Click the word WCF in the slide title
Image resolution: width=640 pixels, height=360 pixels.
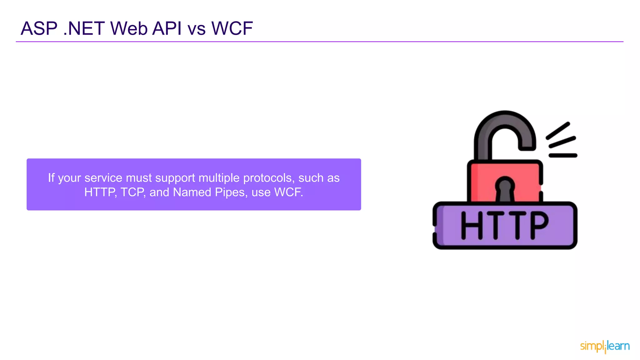tap(232, 28)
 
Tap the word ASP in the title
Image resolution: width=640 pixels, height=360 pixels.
tap(39, 28)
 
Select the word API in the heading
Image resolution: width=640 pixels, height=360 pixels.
tap(167, 28)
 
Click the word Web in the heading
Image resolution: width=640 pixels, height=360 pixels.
tap(129, 28)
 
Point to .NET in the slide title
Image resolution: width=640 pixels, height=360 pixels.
tap(84, 28)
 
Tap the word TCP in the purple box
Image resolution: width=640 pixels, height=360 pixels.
tap(133, 192)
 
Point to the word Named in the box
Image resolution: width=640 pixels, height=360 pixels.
tap(192, 192)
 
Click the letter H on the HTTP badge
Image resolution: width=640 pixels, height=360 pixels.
tap(472, 225)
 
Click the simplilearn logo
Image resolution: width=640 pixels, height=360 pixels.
tap(605, 346)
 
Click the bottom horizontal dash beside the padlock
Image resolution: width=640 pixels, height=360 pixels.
tap(563, 155)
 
